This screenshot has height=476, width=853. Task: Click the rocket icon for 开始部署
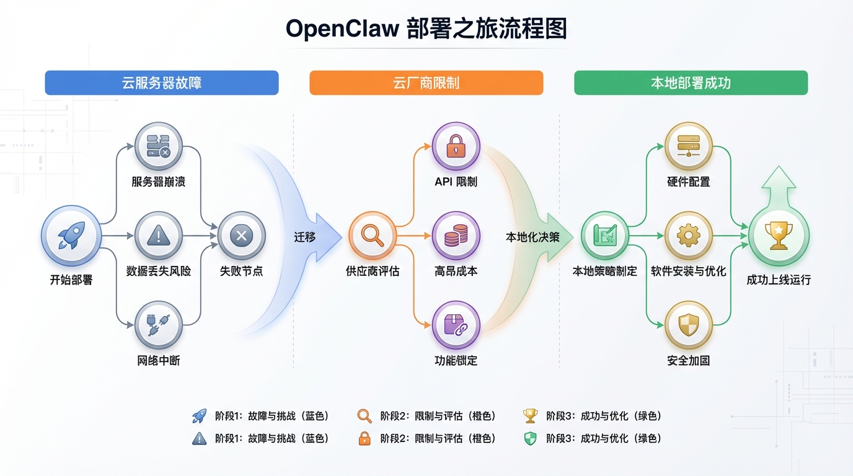(71, 236)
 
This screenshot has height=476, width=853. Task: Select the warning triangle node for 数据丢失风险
(159, 236)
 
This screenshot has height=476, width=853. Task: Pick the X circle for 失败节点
(241, 236)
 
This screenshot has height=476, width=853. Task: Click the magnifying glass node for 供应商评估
(372, 236)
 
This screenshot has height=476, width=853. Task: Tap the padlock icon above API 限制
(456, 146)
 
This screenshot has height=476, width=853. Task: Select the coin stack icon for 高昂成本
(456, 236)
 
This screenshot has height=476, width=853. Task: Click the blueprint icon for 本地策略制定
(604, 236)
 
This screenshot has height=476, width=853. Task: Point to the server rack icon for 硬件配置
(688, 146)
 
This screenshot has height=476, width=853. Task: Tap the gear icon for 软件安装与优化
(688, 236)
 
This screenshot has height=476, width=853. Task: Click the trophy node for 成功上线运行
(778, 236)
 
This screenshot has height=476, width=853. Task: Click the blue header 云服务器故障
(161, 83)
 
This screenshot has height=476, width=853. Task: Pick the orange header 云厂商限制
(426, 83)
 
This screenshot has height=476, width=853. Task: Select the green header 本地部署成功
(691, 83)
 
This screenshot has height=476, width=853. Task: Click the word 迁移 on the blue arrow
(305, 237)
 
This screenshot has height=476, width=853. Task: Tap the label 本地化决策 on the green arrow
(533, 237)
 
